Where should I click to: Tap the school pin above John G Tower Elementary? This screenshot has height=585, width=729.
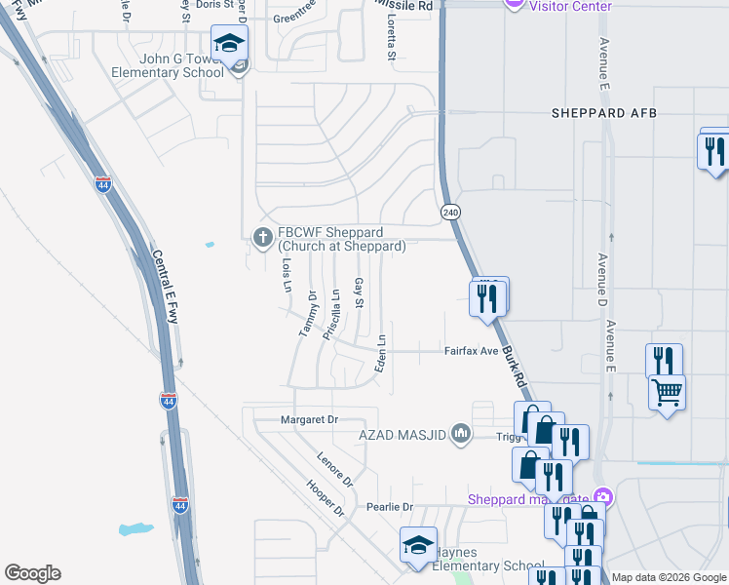(x=229, y=44)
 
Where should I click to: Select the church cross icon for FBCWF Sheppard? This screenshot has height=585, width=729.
(x=261, y=237)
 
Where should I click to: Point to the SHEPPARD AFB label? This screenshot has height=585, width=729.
(x=604, y=113)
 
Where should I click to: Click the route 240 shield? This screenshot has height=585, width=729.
(x=449, y=212)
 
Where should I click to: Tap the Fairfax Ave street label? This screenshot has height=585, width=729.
(x=472, y=351)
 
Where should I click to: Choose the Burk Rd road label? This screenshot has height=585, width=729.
(x=514, y=367)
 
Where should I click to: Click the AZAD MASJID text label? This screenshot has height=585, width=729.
(x=403, y=433)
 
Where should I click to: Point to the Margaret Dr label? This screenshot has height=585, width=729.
(x=308, y=419)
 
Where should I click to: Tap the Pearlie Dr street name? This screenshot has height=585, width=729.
(x=390, y=507)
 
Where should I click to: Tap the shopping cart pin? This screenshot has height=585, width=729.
(x=667, y=392)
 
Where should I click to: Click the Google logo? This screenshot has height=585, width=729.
(x=32, y=573)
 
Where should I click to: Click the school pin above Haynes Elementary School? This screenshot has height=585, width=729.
(x=418, y=545)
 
